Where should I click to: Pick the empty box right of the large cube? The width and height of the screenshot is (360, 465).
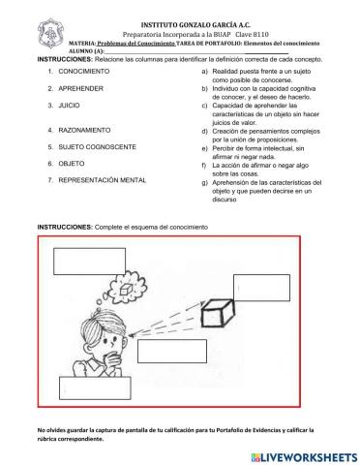coord(261,287)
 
